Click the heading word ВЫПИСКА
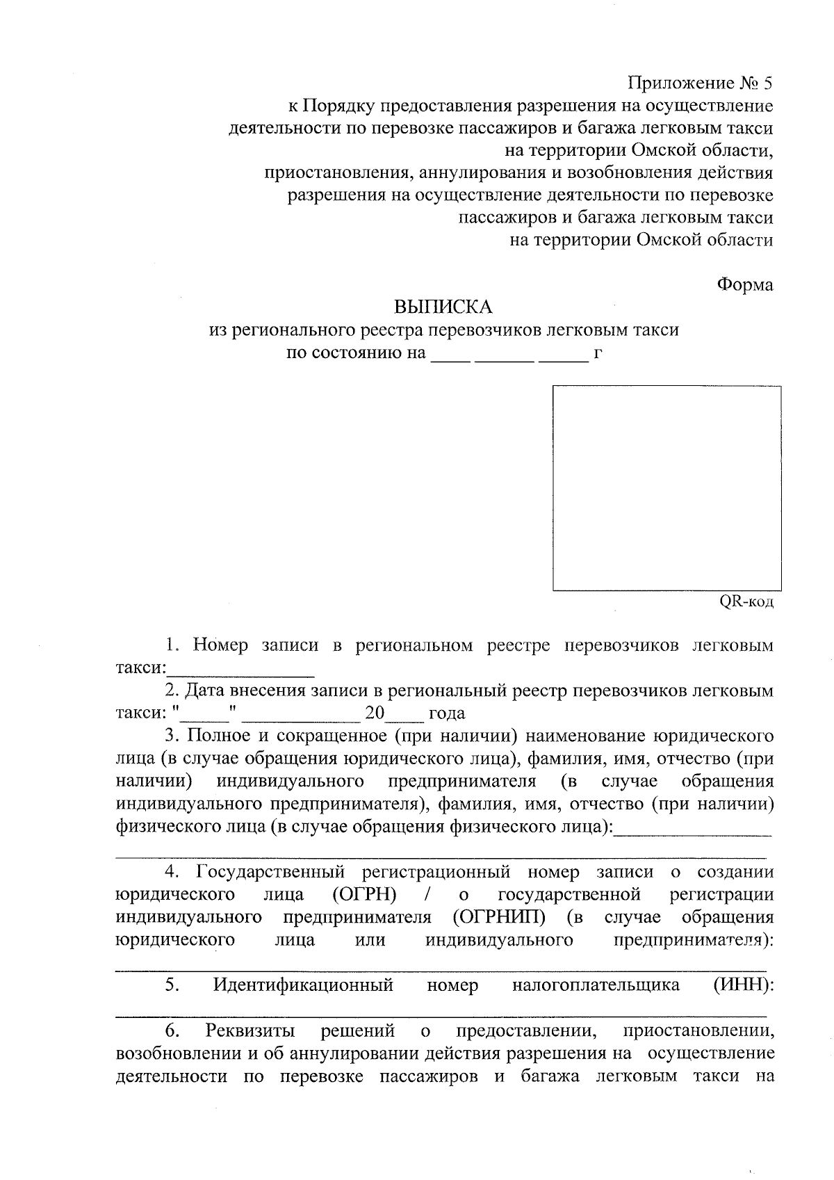pos(443,307)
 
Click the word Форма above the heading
pos(744,284)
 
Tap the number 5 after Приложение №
pos(767,84)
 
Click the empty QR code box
pos(666,488)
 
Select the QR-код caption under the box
pos(745,601)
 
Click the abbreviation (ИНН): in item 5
pos(744,985)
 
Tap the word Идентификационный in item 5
pos(303,985)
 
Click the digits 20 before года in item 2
pos(374,713)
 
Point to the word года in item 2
pos(446,713)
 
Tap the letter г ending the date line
pos(598,353)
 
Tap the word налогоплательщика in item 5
pos(596,985)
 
